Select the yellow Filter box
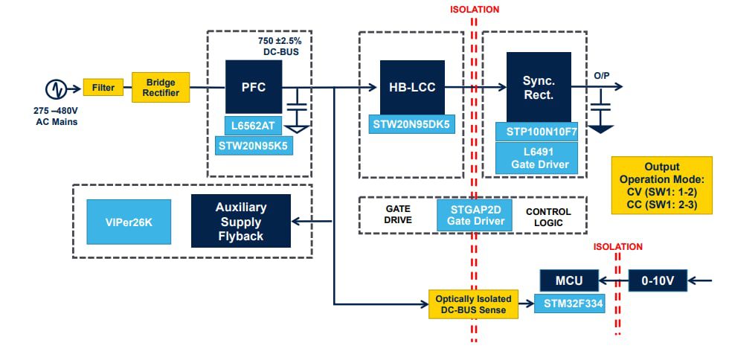(103, 88)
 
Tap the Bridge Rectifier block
(161, 88)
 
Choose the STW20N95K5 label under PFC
(253, 146)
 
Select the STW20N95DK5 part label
(411, 124)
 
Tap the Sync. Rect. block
(539, 87)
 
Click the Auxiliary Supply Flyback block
(240, 221)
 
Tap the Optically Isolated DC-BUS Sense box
(473, 303)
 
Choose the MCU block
(571, 281)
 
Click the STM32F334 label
(569, 303)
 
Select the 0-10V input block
(658, 280)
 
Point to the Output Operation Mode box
(661, 186)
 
